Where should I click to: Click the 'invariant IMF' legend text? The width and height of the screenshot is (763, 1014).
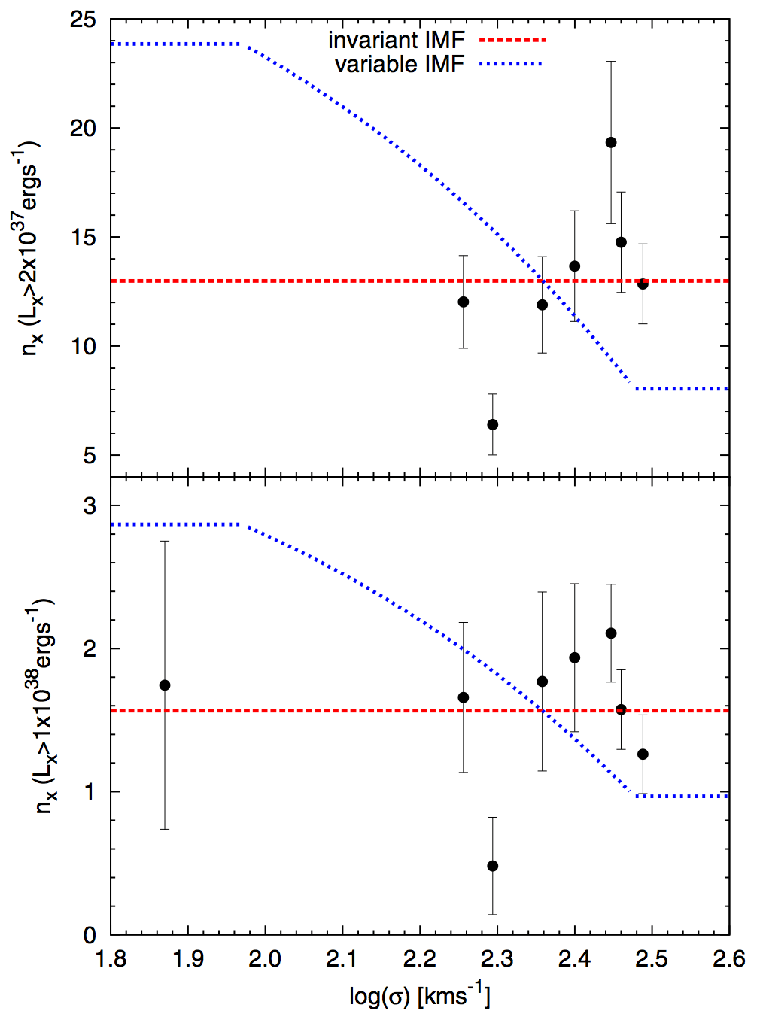(396, 40)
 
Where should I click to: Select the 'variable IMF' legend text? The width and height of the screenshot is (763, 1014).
(400, 65)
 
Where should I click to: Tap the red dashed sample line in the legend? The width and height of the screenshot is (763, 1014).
(512, 40)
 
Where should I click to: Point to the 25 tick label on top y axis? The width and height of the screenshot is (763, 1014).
(83, 20)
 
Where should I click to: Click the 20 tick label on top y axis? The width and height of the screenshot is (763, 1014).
(83, 129)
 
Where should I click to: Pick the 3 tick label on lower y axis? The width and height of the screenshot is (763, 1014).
(90, 505)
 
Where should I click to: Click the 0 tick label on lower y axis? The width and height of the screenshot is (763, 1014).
(90, 935)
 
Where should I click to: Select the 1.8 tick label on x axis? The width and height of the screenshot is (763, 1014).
(111, 959)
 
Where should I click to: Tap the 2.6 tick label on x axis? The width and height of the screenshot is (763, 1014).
(728, 959)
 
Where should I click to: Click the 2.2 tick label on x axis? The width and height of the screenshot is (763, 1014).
(419, 959)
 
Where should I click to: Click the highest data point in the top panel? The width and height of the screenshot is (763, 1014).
(611, 142)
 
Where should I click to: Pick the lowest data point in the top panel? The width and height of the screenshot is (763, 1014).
(493, 425)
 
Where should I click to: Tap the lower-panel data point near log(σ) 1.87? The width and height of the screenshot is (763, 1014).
(165, 685)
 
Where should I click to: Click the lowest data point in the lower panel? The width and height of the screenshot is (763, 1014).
(493, 866)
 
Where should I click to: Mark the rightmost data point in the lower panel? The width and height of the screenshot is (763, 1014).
(643, 754)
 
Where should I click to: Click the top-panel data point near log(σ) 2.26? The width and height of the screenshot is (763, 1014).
(464, 302)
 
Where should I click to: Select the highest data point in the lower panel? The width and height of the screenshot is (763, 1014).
(611, 633)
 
